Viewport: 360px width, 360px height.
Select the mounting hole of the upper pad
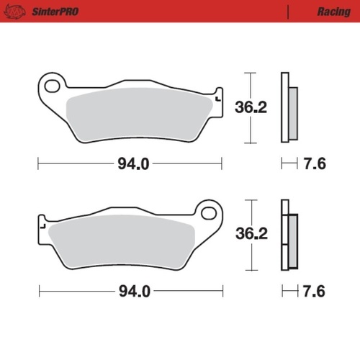click(x=52, y=86)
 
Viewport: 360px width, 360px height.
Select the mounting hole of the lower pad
click(x=210, y=212)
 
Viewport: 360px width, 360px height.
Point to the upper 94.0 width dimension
click(x=132, y=163)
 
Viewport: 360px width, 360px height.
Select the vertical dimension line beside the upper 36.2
click(x=250, y=108)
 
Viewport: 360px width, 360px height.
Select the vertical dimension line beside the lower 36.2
click(x=250, y=235)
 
